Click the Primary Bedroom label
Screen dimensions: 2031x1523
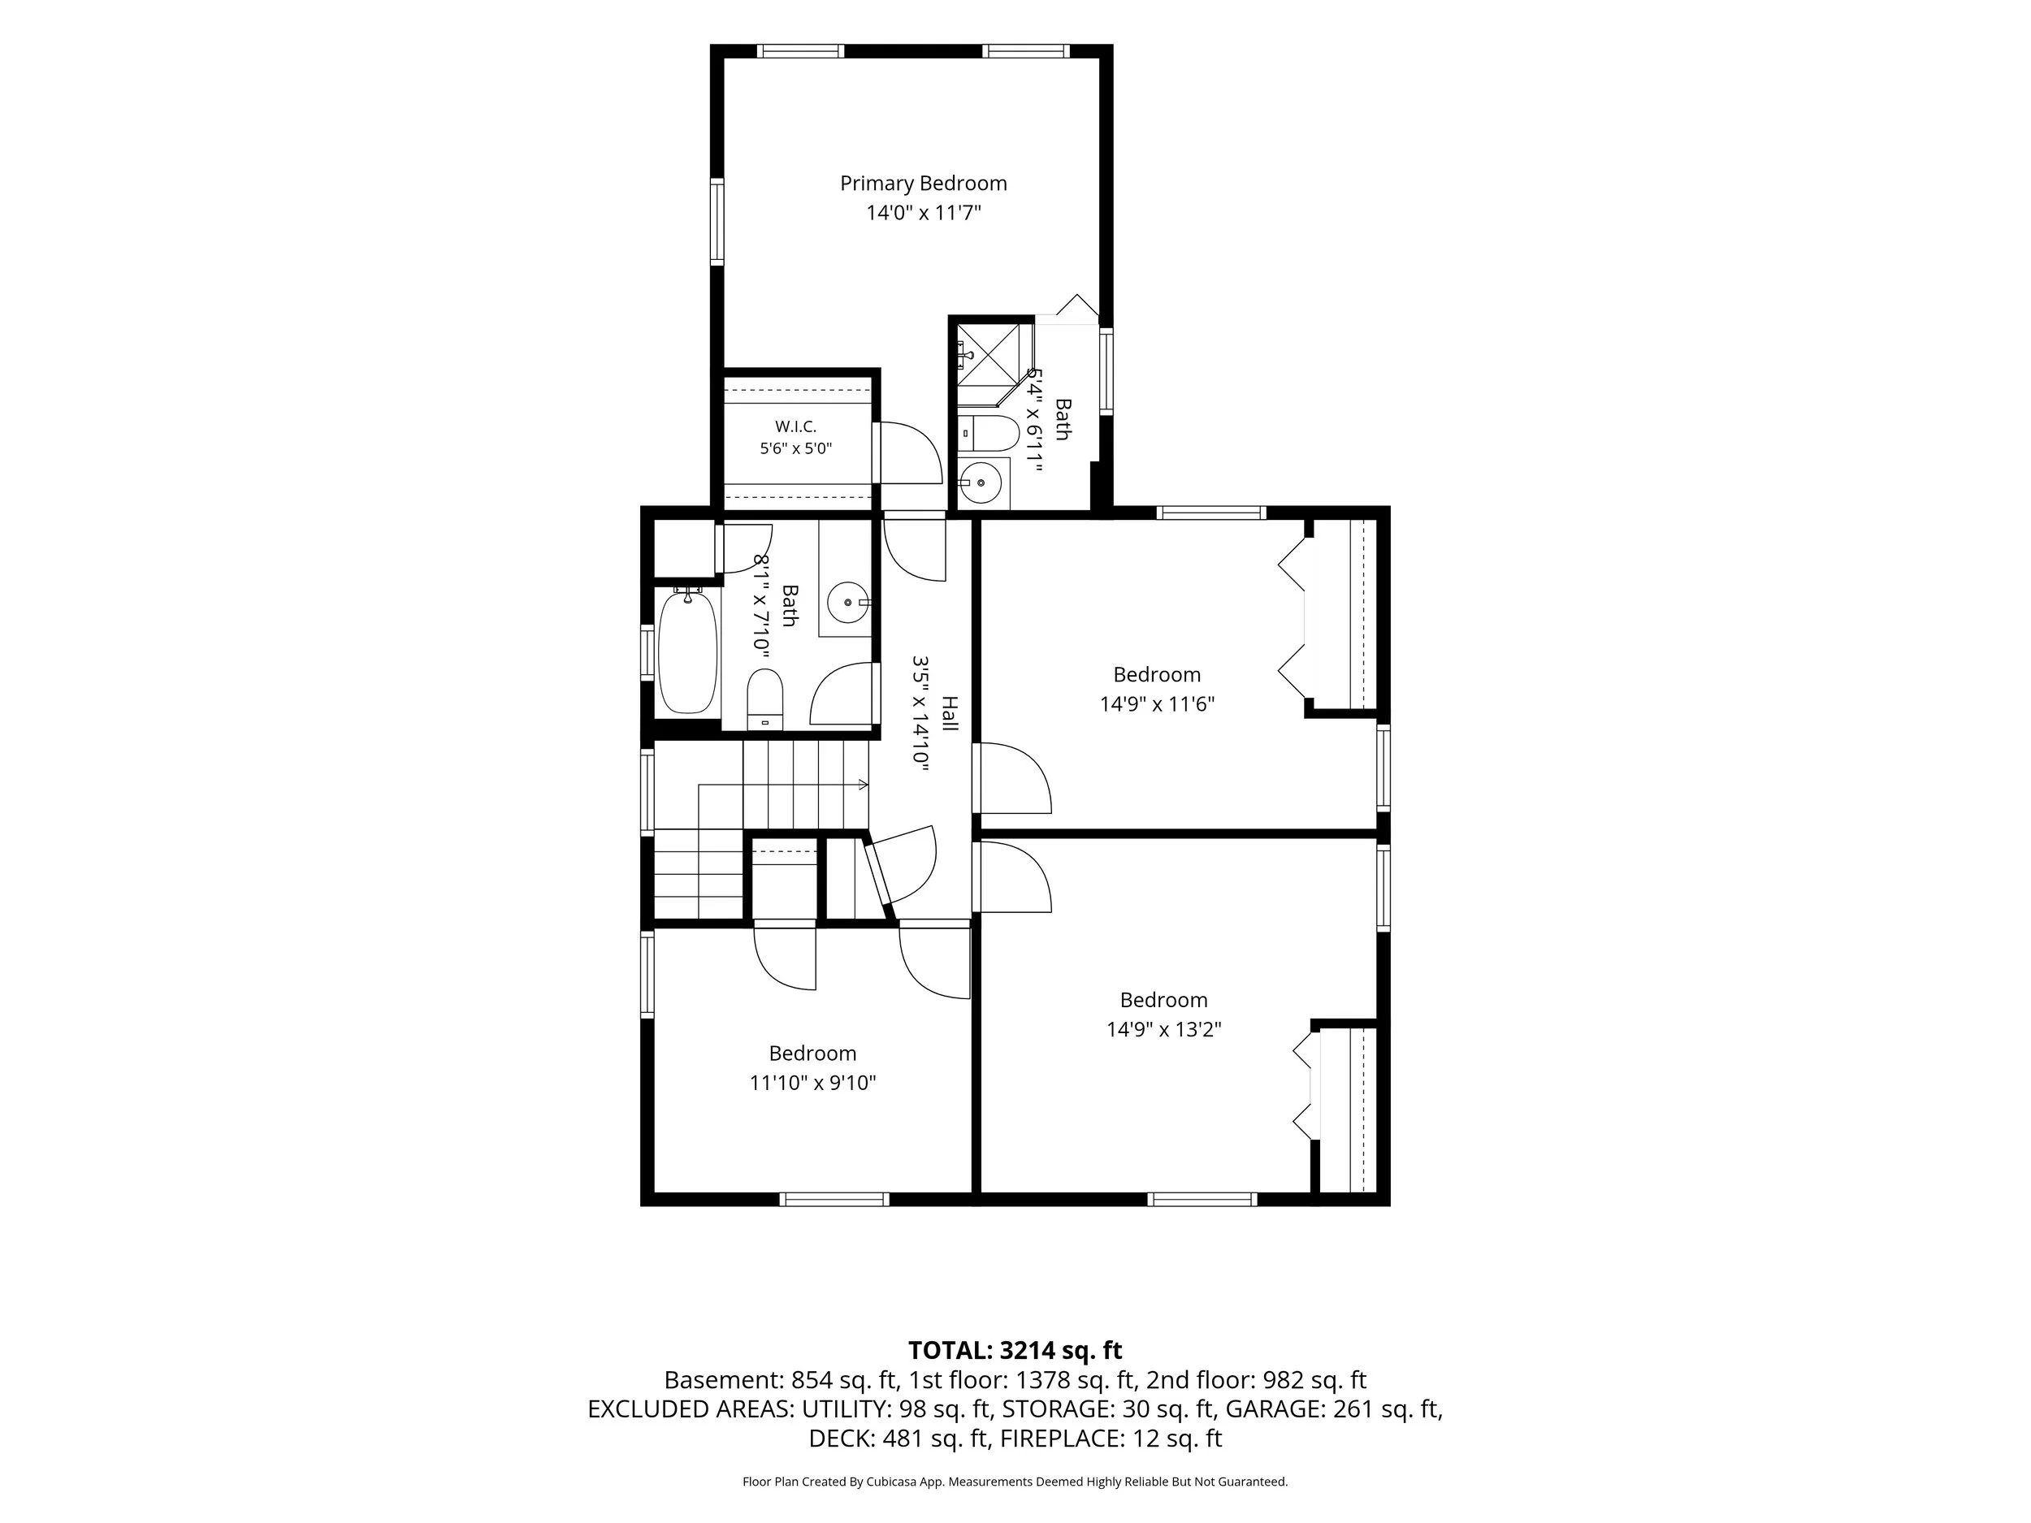(924, 184)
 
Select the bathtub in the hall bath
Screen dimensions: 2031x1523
(688, 653)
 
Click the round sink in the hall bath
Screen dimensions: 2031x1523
(847, 604)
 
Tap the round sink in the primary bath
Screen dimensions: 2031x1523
(982, 482)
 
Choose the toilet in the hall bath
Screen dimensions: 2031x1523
(764, 699)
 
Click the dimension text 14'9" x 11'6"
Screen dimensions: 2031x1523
(1157, 704)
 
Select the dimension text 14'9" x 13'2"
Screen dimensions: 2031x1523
(1163, 1029)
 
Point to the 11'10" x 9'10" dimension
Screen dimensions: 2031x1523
(812, 1083)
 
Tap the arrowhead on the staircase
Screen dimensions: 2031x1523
(863, 785)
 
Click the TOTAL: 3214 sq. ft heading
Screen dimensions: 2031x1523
(1015, 1351)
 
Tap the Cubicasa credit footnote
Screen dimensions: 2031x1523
(1015, 1481)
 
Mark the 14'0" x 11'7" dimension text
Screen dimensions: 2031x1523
(924, 213)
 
